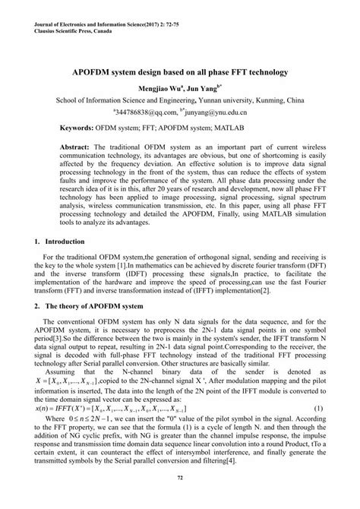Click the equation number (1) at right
click(x=318, y=408)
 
